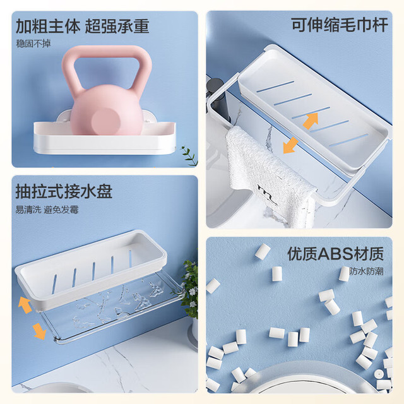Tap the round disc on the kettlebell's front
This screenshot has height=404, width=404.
[x=105, y=121]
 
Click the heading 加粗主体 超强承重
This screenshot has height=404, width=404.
[x=83, y=27]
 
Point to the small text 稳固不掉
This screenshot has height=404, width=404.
[x=33, y=44]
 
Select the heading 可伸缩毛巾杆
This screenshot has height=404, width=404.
[x=340, y=25]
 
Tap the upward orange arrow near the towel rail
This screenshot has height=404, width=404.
[x=311, y=121]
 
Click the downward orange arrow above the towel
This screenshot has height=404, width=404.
[x=290, y=145]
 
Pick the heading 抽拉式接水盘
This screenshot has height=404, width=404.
[x=64, y=191]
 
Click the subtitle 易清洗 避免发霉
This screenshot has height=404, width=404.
[x=47, y=210]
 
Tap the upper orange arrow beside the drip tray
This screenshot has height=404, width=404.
[x=25, y=305]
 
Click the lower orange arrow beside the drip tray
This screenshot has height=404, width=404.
[x=39, y=331]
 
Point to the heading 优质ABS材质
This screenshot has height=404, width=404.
[x=335, y=254]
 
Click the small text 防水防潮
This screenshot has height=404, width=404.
[x=366, y=271]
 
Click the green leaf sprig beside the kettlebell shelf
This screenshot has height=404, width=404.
[x=190, y=156]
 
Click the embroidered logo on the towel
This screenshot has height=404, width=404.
[x=268, y=194]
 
